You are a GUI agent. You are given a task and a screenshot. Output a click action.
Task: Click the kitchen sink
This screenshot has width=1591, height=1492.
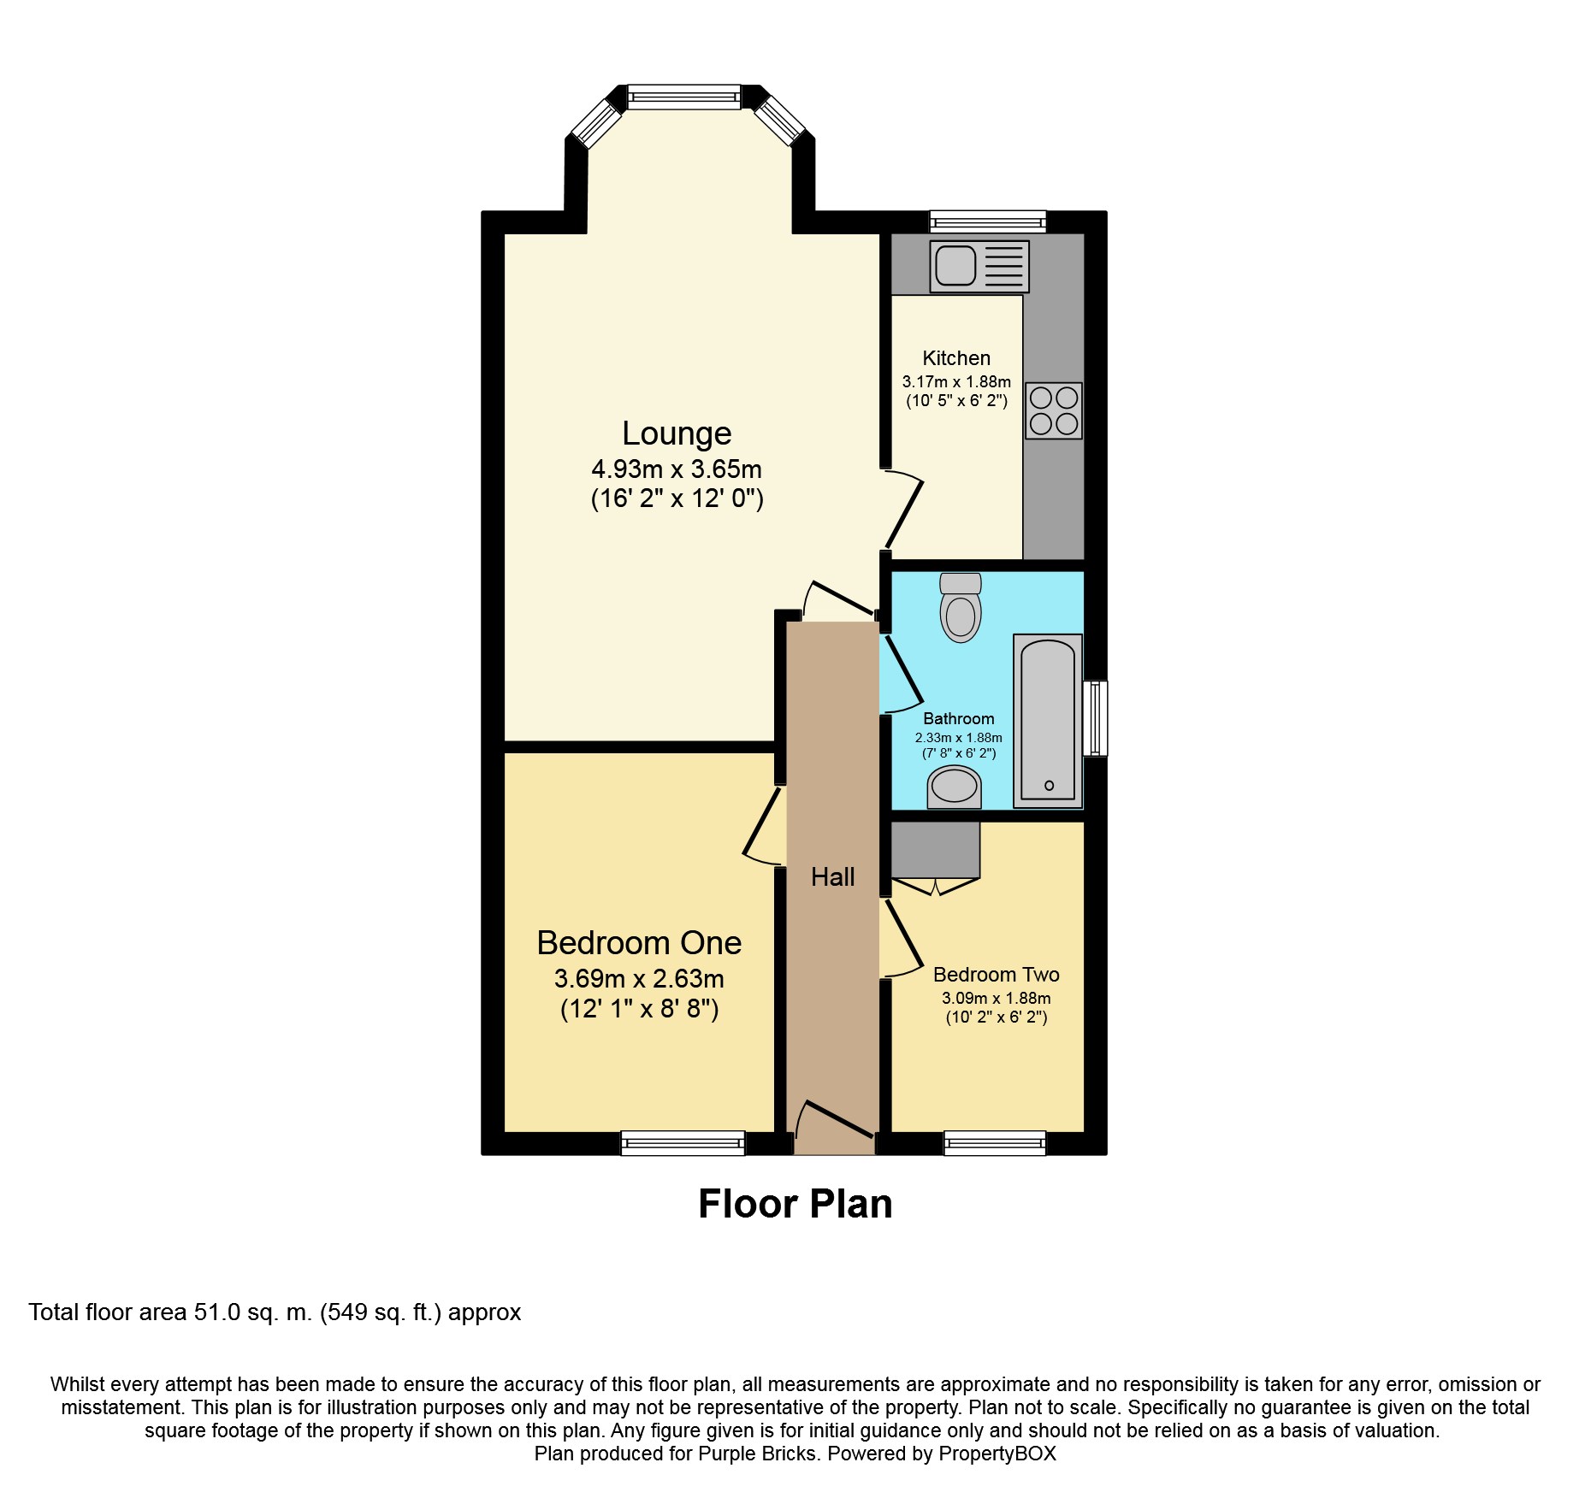point(979,267)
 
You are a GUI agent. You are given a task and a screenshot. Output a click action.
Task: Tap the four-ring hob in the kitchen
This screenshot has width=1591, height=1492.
point(1054,410)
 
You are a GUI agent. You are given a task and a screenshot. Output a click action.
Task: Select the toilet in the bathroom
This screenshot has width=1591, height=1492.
point(961,607)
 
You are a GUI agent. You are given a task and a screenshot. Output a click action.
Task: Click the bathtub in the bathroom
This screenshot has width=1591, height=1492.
point(1048,721)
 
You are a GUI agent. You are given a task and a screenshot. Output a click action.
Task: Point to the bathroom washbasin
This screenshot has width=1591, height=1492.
point(954,787)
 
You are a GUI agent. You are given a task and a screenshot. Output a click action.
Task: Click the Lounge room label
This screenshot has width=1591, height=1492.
point(677,433)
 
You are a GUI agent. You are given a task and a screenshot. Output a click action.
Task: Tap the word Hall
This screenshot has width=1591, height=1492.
point(832,876)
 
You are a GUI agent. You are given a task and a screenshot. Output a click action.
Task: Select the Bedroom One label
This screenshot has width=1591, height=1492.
point(639,942)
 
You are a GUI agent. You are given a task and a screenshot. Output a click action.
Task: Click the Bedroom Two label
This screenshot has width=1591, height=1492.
point(996,975)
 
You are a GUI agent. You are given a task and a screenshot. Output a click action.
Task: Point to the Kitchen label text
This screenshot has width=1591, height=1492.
point(956,358)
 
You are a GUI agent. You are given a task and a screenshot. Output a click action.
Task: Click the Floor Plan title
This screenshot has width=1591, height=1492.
point(795,1204)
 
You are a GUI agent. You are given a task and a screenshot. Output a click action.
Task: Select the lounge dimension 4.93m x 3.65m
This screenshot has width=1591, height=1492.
point(677,469)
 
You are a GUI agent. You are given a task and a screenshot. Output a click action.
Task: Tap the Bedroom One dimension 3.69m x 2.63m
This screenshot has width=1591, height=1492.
point(639,978)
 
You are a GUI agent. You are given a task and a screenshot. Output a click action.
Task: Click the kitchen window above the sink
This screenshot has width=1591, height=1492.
point(988,221)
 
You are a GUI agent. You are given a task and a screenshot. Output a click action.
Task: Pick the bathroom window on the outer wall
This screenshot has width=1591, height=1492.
point(1095,718)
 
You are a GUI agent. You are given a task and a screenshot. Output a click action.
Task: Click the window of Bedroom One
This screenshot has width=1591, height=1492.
point(683,1143)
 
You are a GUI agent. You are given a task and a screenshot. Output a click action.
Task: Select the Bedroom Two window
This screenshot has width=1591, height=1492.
point(995,1143)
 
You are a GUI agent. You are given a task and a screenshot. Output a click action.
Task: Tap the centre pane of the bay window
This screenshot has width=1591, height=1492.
point(684,97)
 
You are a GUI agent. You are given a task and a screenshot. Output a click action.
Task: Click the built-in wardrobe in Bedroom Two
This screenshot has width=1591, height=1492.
point(936,850)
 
